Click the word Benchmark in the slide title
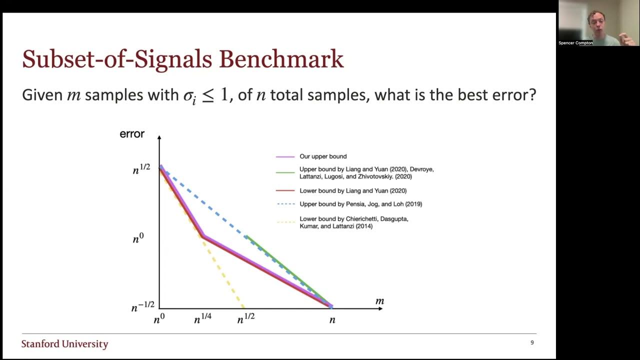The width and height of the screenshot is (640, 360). (281, 59)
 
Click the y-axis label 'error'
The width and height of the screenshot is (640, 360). (132, 134)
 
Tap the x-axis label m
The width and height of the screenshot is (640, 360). (379, 301)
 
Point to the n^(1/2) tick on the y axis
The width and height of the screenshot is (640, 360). (141, 169)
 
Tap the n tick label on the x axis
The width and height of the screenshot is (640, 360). (332, 320)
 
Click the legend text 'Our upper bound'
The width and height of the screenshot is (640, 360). (323, 156)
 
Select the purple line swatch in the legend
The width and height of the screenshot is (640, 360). (284, 157)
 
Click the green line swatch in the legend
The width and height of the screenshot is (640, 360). (284, 173)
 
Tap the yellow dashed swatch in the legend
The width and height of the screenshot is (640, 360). (284, 222)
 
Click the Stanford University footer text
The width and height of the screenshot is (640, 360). (64, 344)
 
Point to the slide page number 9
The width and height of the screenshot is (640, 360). (532, 342)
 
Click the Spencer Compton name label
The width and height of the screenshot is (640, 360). (575, 43)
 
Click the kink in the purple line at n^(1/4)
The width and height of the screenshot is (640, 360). (203, 235)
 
